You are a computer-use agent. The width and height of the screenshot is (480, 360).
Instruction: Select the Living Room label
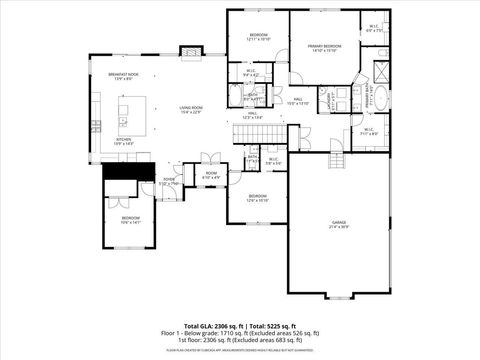(x=191, y=109)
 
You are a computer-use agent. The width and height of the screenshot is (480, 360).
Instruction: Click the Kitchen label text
(x=123, y=142)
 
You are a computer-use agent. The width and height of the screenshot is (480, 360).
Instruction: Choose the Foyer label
(x=168, y=182)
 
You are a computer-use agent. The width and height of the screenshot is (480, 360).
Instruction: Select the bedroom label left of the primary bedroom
(x=258, y=38)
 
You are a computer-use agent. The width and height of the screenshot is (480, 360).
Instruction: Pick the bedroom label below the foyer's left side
(x=131, y=220)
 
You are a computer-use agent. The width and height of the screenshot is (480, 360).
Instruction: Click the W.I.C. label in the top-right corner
(x=373, y=29)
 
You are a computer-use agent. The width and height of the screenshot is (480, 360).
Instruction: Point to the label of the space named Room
(x=211, y=174)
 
